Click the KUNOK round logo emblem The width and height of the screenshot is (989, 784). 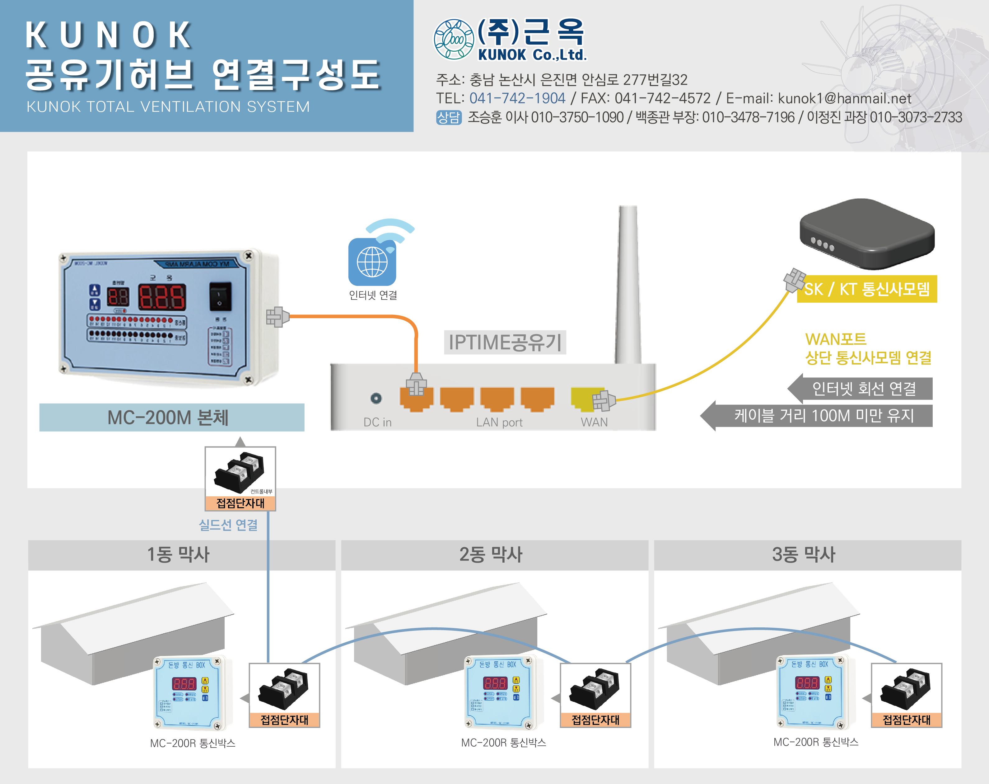(453, 40)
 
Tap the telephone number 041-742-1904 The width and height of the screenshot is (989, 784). (517, 98)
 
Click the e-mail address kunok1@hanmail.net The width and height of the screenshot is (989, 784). (844, 98)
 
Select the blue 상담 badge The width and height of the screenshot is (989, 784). (448, 117)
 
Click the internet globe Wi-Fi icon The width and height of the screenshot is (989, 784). (372, 261)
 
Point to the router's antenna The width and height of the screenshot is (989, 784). (627, 285)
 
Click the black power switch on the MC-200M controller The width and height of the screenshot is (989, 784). (220, 296)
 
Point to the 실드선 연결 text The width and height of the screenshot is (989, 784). (228, 525)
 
